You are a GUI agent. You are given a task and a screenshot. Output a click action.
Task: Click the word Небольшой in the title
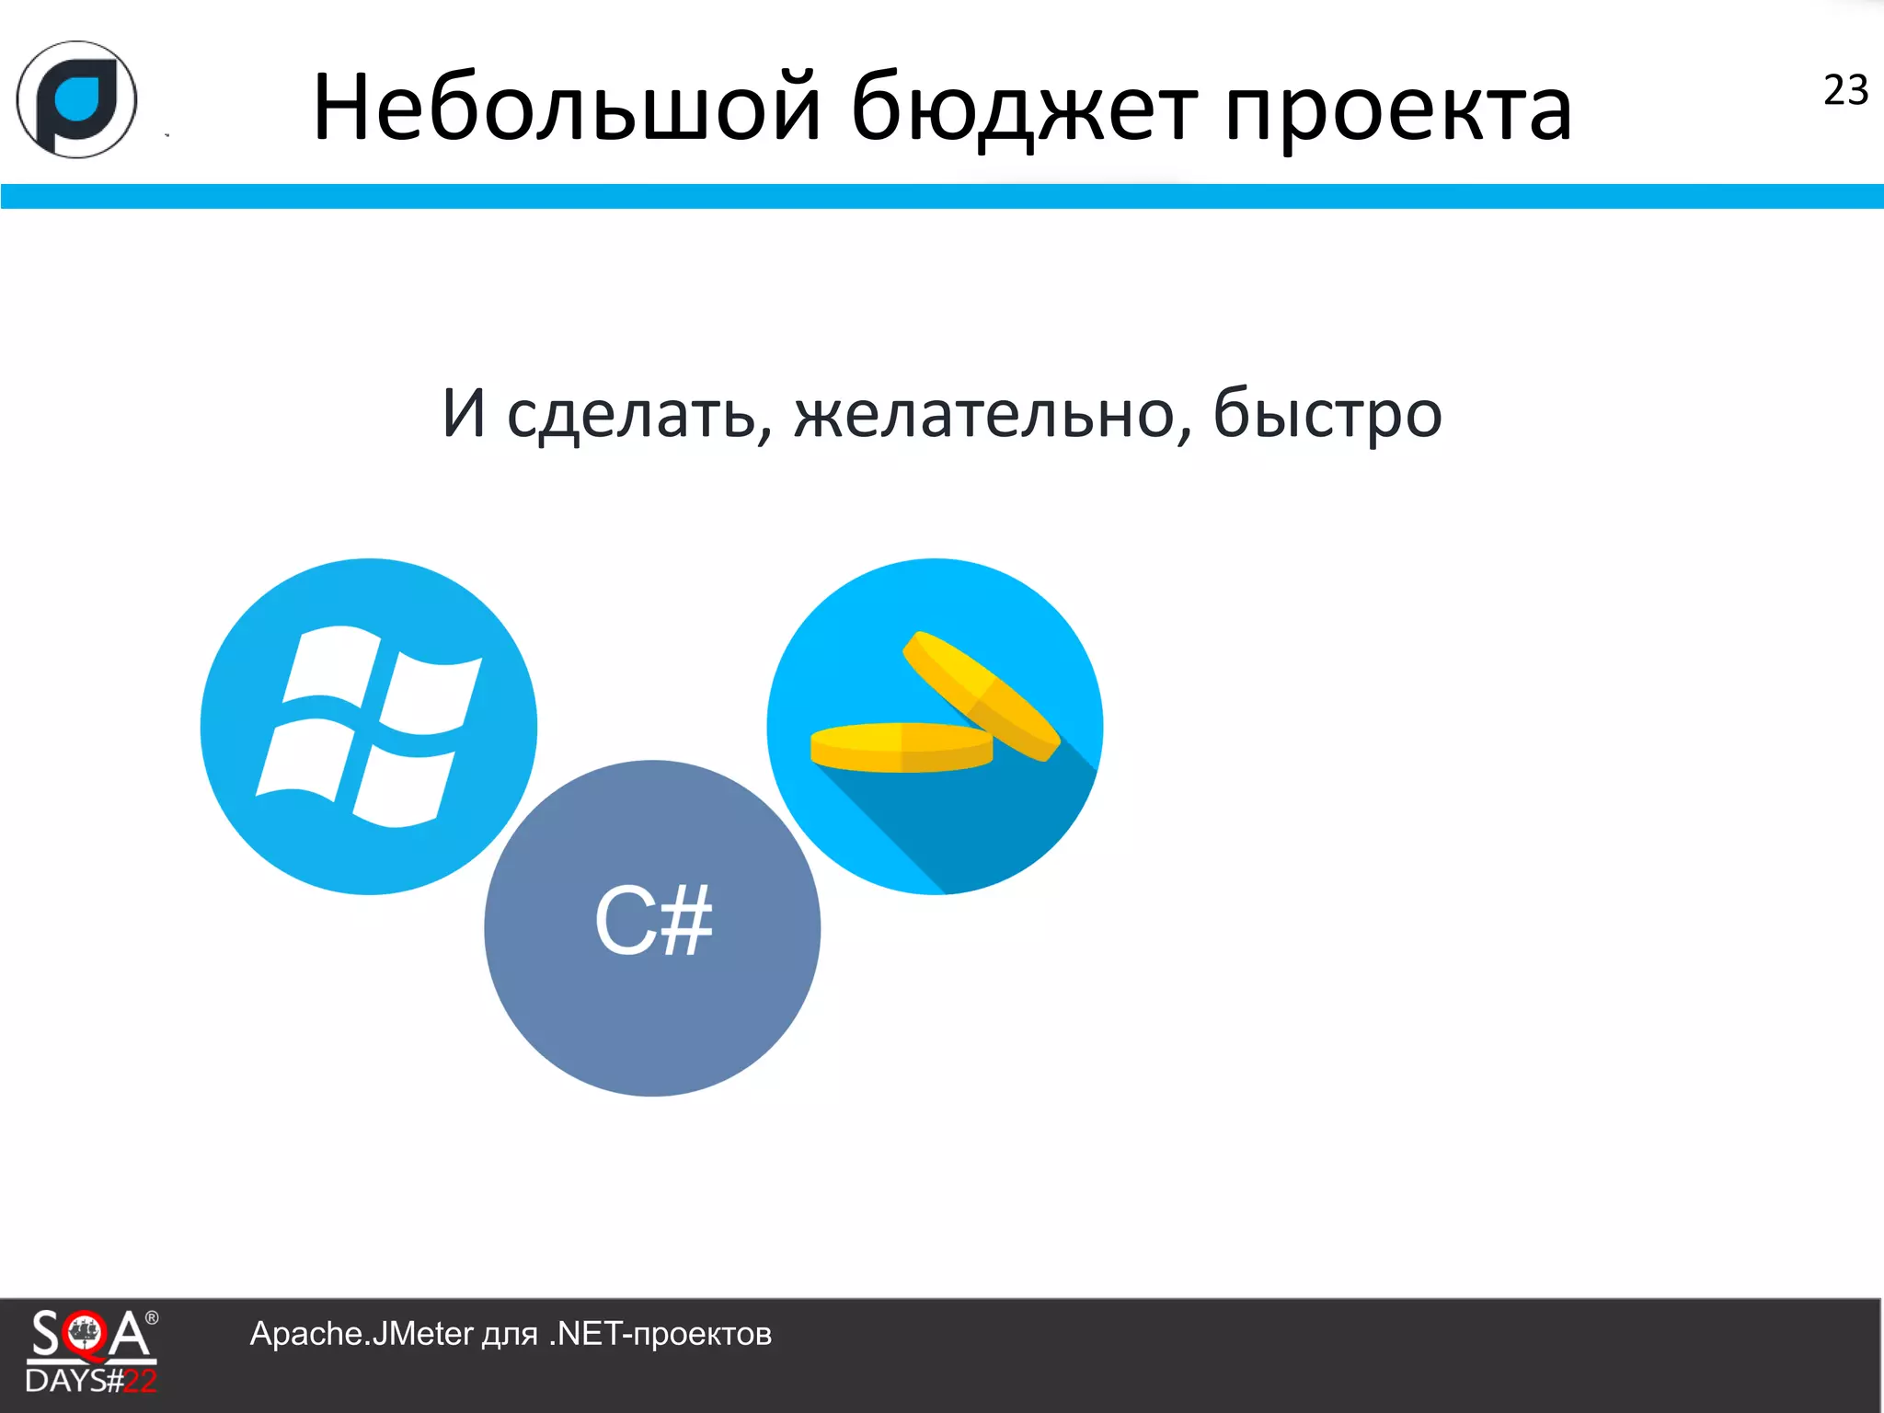pyautogui.click(x=566, y=109)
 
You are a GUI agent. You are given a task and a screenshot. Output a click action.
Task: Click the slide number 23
pyautogui.click(x=1845, y=90)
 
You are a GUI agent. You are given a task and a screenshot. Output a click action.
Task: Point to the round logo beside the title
pyautogui.click(x=76, y=99)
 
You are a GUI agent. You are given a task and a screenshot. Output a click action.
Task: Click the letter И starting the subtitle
pyautogui.click(x=464, y=413)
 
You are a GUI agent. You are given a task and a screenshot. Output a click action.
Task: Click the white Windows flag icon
pyautogui.click(x=368, y=727)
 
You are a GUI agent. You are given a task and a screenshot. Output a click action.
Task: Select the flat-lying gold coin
pyautogui.click(x=901, y=747)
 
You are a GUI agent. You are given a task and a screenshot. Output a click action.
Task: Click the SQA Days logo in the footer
pyautogui.click(x=90, y=1350)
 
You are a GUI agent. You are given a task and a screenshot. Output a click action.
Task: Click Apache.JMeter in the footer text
pyautogui.click(x=361, y=1334)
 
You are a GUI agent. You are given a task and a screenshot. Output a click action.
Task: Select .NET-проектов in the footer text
pyautogui.click(x=660, y=1334)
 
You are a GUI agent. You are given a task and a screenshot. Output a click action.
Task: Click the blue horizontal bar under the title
pyautogui.click(x=942, y=196)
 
